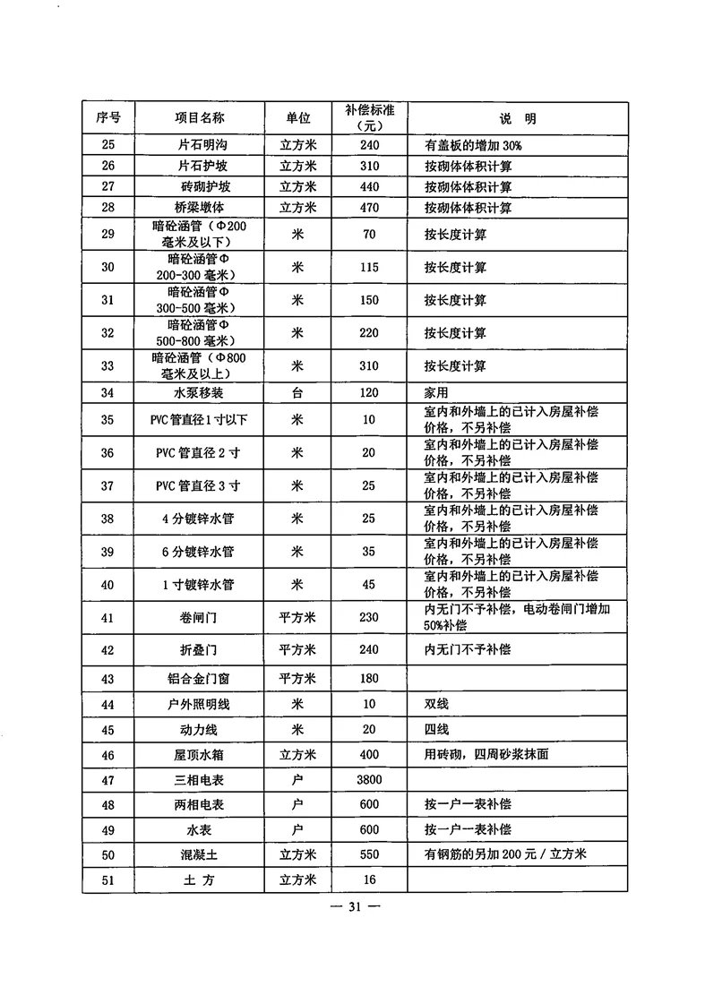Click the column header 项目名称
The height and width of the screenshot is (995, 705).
click(x=199, y=118)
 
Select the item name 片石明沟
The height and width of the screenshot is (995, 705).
click(x=199, y=144)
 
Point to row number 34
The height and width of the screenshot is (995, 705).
click(x=108, y=393)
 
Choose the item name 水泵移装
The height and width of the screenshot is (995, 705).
click(x=199, y=393)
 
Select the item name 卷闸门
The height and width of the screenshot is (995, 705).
click(x=199, y=617)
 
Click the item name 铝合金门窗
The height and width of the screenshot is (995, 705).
click(x=199, y=680)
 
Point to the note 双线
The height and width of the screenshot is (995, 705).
click(x=436, y=705)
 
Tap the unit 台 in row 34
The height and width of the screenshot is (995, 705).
click(x=298, y=393)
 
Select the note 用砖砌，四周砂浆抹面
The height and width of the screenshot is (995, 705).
click(x=486, y=754)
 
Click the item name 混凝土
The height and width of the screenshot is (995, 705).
click(x=199, y=854)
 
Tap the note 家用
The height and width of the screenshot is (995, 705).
click(x=436, y=393)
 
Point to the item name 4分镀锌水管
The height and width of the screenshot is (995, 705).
click(x=199, y=519)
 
